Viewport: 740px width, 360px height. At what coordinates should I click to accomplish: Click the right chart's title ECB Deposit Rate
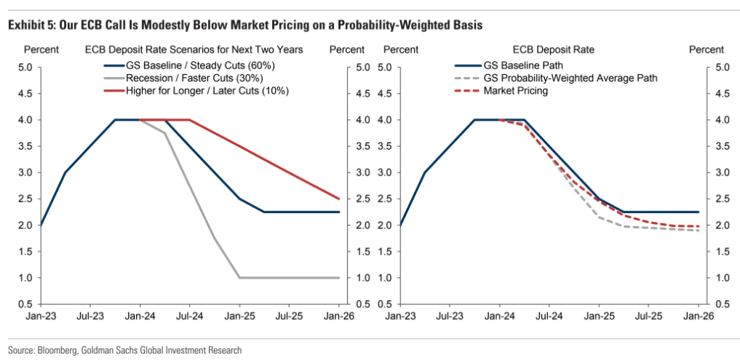coord(554,49)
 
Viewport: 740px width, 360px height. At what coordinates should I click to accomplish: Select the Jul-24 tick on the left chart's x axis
coord(189,317)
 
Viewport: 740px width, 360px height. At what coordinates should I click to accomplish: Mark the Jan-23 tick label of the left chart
coord(40,317)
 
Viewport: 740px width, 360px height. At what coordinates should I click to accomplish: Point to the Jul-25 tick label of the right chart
coord(649,317)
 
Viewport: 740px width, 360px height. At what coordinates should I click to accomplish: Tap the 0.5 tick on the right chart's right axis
coord(722,304)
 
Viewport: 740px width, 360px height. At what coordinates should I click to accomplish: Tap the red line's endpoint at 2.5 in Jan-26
coord(340,199)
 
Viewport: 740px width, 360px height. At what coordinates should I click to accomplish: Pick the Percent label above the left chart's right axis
coord(347,49)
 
